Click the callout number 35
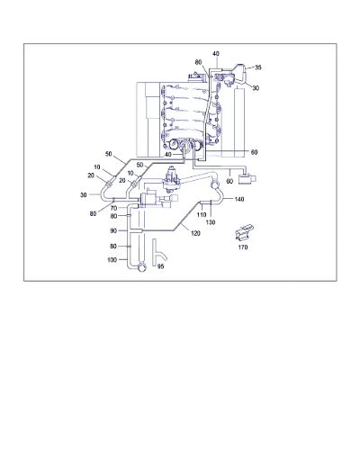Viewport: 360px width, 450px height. click(258, 67)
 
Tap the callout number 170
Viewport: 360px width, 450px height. click(243, 247)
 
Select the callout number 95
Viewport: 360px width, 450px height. click(160, 266)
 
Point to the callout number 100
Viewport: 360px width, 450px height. click(112, 259)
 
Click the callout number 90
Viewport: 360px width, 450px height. click(113, 230)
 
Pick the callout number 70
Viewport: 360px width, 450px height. click(113, 208)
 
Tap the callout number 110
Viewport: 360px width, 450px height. click(202, 214)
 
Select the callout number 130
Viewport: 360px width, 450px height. click(211, 222)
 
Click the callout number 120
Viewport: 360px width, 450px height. click(195, 233)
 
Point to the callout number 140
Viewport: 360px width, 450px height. click(239, 199)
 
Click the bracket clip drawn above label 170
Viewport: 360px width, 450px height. click(244, 232)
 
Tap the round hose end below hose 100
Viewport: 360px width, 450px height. click(141, 267)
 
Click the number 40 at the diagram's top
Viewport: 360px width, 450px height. click(216, 54)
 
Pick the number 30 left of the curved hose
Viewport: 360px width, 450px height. click(83, 194)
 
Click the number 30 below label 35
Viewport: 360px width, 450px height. click(256, 88)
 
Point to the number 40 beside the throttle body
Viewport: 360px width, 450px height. click(168, 154)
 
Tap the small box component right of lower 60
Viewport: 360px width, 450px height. click(247, 179)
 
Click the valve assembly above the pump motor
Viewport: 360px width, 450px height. click(171, 178)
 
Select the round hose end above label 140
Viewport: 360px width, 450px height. click(215, 184)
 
